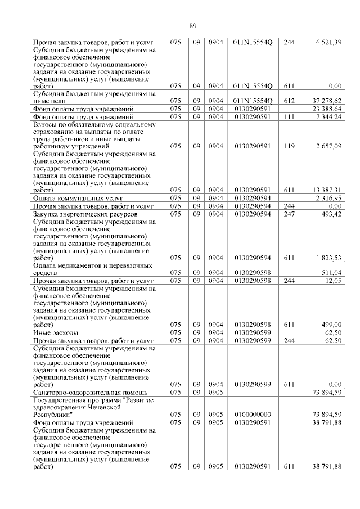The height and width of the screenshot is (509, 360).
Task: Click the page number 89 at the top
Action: (192, 26)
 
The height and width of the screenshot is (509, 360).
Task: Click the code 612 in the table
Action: (289, 100)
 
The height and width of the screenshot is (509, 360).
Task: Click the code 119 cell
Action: (289, 146)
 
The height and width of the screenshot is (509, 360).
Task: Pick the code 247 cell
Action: (289, 214)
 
